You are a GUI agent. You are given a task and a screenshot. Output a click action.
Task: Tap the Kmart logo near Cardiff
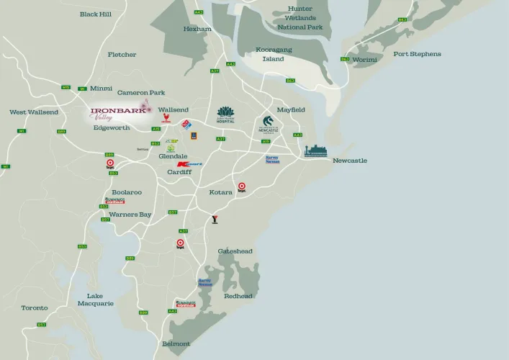189,164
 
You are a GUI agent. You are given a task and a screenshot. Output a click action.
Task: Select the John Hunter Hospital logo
226,114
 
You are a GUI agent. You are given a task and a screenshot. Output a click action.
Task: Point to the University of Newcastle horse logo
268,125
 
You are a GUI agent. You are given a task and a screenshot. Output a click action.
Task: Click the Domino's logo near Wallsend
186,125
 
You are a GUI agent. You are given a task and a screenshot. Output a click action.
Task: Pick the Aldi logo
194,135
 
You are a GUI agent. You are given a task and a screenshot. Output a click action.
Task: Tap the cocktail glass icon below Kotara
214,219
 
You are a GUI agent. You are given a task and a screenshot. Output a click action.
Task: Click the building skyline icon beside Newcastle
315,150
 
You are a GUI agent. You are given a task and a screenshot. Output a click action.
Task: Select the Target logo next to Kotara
242,186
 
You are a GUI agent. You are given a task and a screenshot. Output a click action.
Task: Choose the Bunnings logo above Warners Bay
114,201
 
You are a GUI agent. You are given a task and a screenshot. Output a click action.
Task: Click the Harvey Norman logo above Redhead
205,283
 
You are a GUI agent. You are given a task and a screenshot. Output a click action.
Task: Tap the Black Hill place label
96,14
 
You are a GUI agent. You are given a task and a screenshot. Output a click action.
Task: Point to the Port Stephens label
417,54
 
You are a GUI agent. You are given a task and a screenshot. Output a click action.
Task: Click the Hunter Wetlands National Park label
300,18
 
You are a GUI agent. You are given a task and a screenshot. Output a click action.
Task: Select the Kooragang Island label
274,54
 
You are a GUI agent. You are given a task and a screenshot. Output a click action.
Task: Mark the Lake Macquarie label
95,300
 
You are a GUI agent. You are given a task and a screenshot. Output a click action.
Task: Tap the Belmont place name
176,343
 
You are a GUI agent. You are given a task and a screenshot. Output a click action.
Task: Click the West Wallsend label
33,112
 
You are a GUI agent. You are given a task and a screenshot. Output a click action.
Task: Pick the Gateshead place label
235,251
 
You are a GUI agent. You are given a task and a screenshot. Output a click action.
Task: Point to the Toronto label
35,307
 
